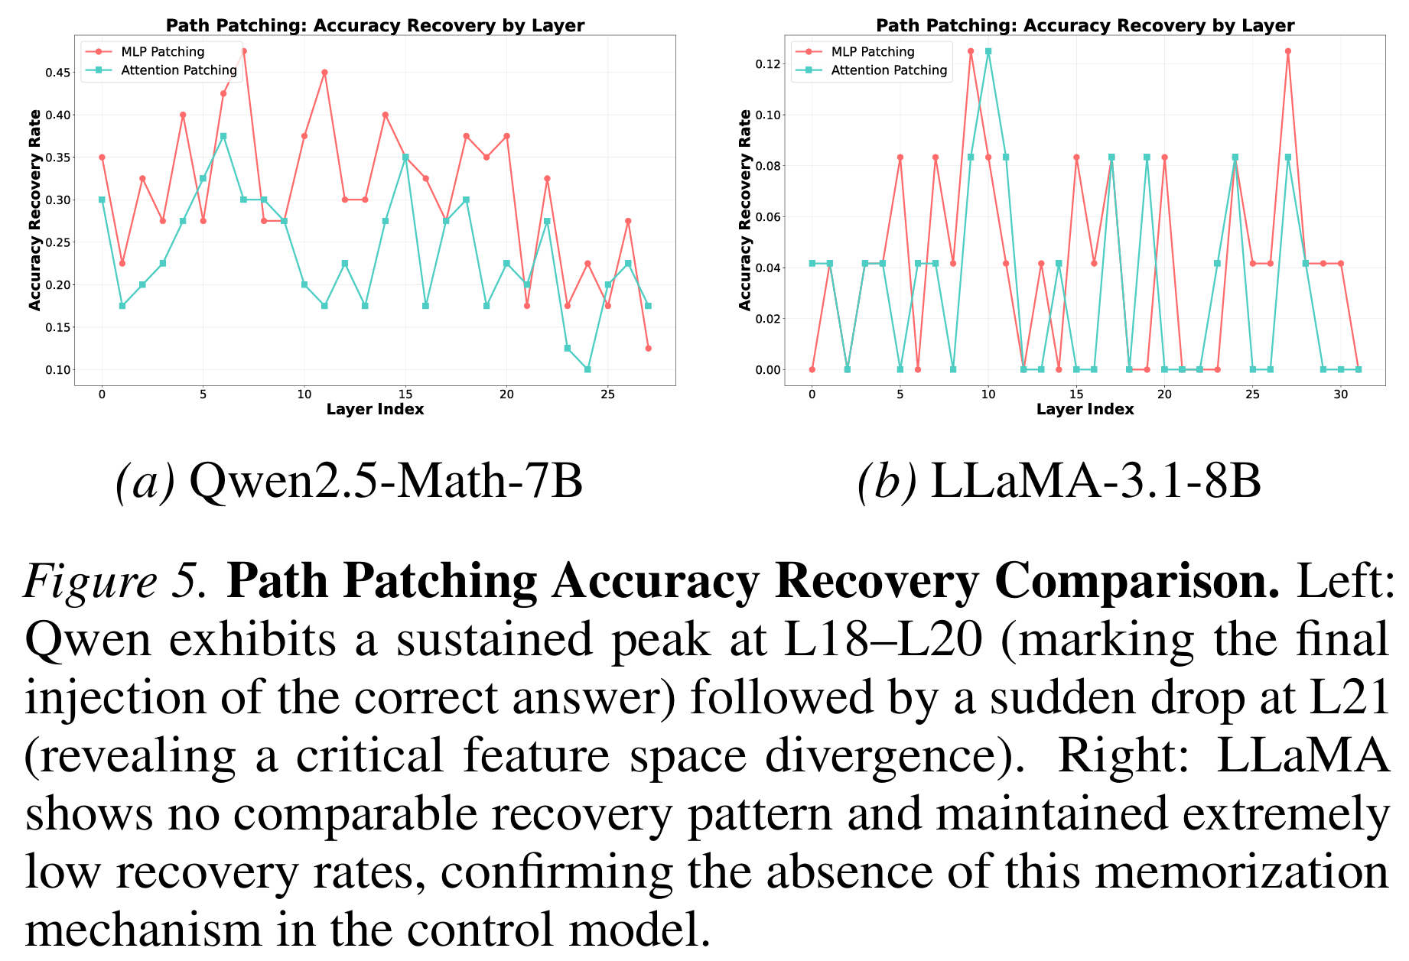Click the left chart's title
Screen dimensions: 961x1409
coord(375,25)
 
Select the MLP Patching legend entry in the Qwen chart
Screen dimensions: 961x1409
coord(162,52)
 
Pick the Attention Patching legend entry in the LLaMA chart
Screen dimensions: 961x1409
coord(889,70)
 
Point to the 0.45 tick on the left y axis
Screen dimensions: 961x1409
coord(59,73)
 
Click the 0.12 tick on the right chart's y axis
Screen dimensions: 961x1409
coord(769,63)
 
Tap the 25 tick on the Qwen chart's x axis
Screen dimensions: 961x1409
coord(608,394)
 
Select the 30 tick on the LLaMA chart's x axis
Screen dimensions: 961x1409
coord(1340,394)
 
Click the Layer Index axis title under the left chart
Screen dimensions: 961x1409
coord(375,409)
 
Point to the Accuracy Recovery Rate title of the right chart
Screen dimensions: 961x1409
coord(745,210)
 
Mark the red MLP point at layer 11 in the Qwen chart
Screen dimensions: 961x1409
coord(324,73)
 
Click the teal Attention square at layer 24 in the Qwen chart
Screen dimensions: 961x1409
coord(587,369)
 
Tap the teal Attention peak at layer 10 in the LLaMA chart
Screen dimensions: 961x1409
coord(988,51)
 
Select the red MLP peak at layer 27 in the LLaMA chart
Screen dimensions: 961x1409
coord(1287,51)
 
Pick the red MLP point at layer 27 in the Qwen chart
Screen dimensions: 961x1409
coord(648,348)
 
